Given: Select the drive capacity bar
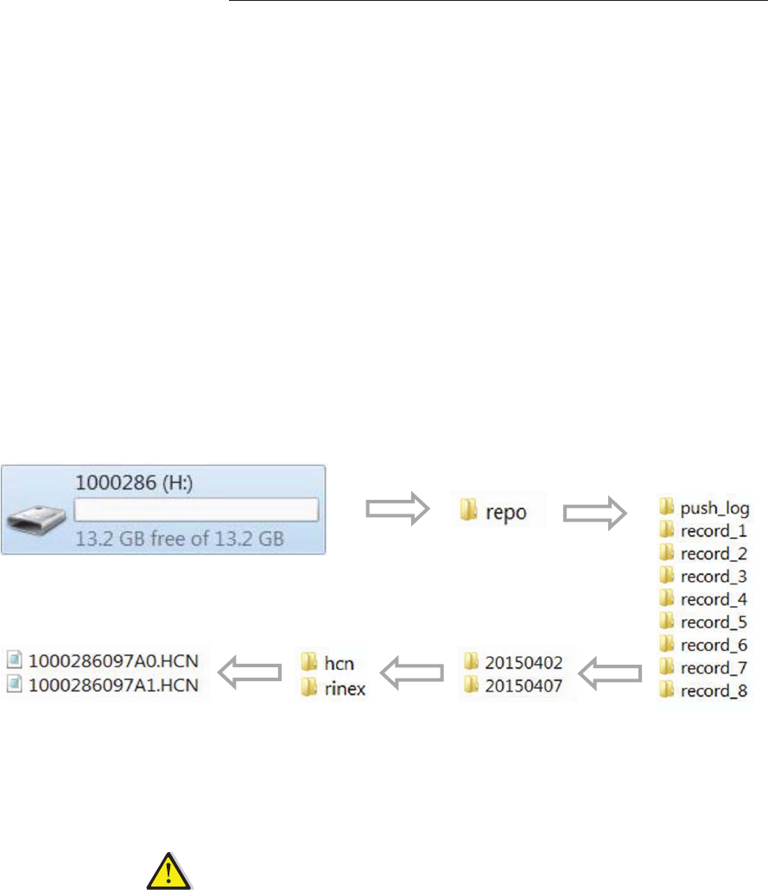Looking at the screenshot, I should click(x=196, y=509).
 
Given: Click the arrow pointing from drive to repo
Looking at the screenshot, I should click(x=397, y=510).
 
